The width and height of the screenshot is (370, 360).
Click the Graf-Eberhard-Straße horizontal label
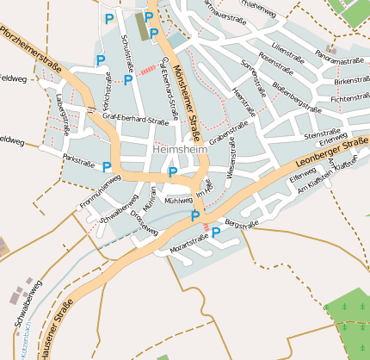click(135, 121)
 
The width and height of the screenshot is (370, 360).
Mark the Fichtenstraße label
click(349, 100)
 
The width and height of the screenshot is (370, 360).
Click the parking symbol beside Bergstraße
click(216, 232)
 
